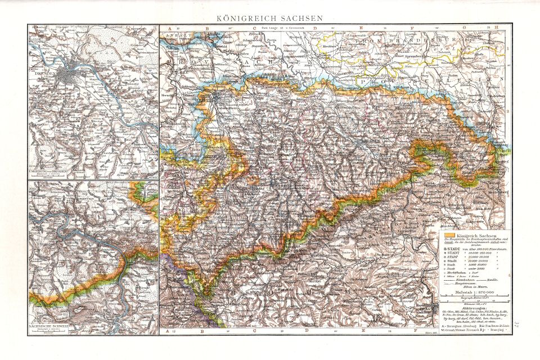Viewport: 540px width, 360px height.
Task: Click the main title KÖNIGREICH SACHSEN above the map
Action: (270, 18)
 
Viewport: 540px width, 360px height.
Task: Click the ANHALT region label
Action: (174, 35)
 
